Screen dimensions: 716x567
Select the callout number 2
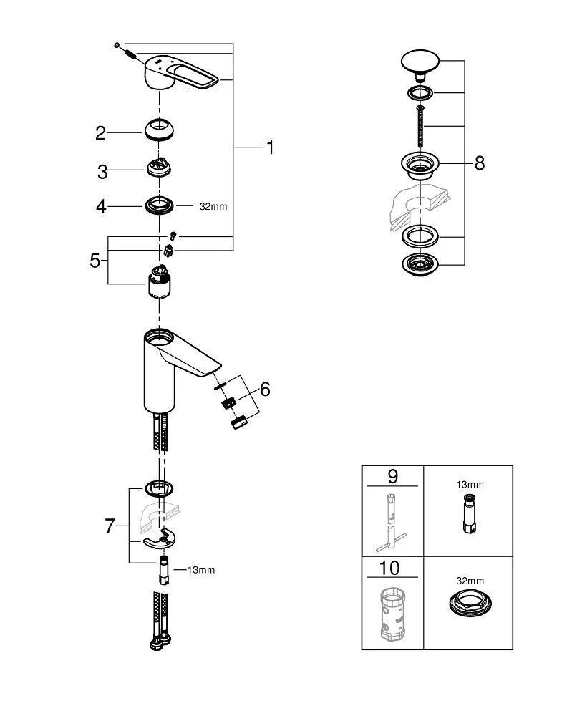coord(101,132)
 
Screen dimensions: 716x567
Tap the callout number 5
coord(95,259)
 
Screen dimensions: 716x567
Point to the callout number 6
coord(265,389)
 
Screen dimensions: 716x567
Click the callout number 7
coord(110,526)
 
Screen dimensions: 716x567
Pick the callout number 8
coord(479,163)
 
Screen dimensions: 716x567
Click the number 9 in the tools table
coord(392,476)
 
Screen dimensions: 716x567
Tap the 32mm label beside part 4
coord(213,206)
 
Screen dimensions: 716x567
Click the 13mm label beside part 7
coord(200,570)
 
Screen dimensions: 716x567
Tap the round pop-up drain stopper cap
coord(420,62)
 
